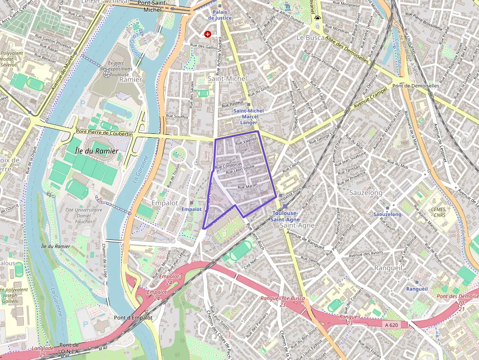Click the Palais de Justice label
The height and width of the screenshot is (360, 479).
point(219,15)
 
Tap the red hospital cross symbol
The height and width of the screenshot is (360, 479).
point(208,34)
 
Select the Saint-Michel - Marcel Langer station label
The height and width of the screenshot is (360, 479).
point(248,116)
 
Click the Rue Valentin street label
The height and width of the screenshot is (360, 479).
point(246,141)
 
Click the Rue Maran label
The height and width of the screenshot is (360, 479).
point(247,186)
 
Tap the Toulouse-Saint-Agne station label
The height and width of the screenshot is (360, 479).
point(286,216)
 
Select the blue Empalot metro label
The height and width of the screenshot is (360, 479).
point(191,209)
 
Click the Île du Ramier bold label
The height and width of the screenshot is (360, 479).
point(97,151)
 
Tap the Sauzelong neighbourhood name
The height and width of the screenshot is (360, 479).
point(366,193)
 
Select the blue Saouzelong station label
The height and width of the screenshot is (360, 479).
point(387,214)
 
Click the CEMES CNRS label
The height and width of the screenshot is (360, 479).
point(435,212)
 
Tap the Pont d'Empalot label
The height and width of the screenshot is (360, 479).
point(133,318)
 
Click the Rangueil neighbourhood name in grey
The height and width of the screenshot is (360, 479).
point(388,268)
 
